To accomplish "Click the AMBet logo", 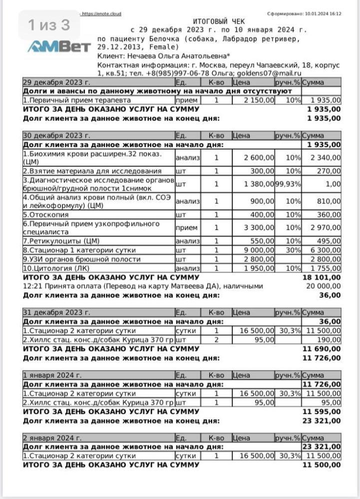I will (59, 46).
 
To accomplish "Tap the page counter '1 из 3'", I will (48, 24).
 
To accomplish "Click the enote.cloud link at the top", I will (101, 13).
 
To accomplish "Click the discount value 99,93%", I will (288, 184).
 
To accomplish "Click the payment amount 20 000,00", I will (322, 286).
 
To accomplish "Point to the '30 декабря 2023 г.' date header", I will (56, 135).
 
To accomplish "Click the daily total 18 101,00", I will (322, 277).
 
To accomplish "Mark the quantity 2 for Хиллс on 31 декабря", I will (216, 339).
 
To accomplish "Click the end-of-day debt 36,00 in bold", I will (330, 295).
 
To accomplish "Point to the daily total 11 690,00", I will (322, 349).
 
